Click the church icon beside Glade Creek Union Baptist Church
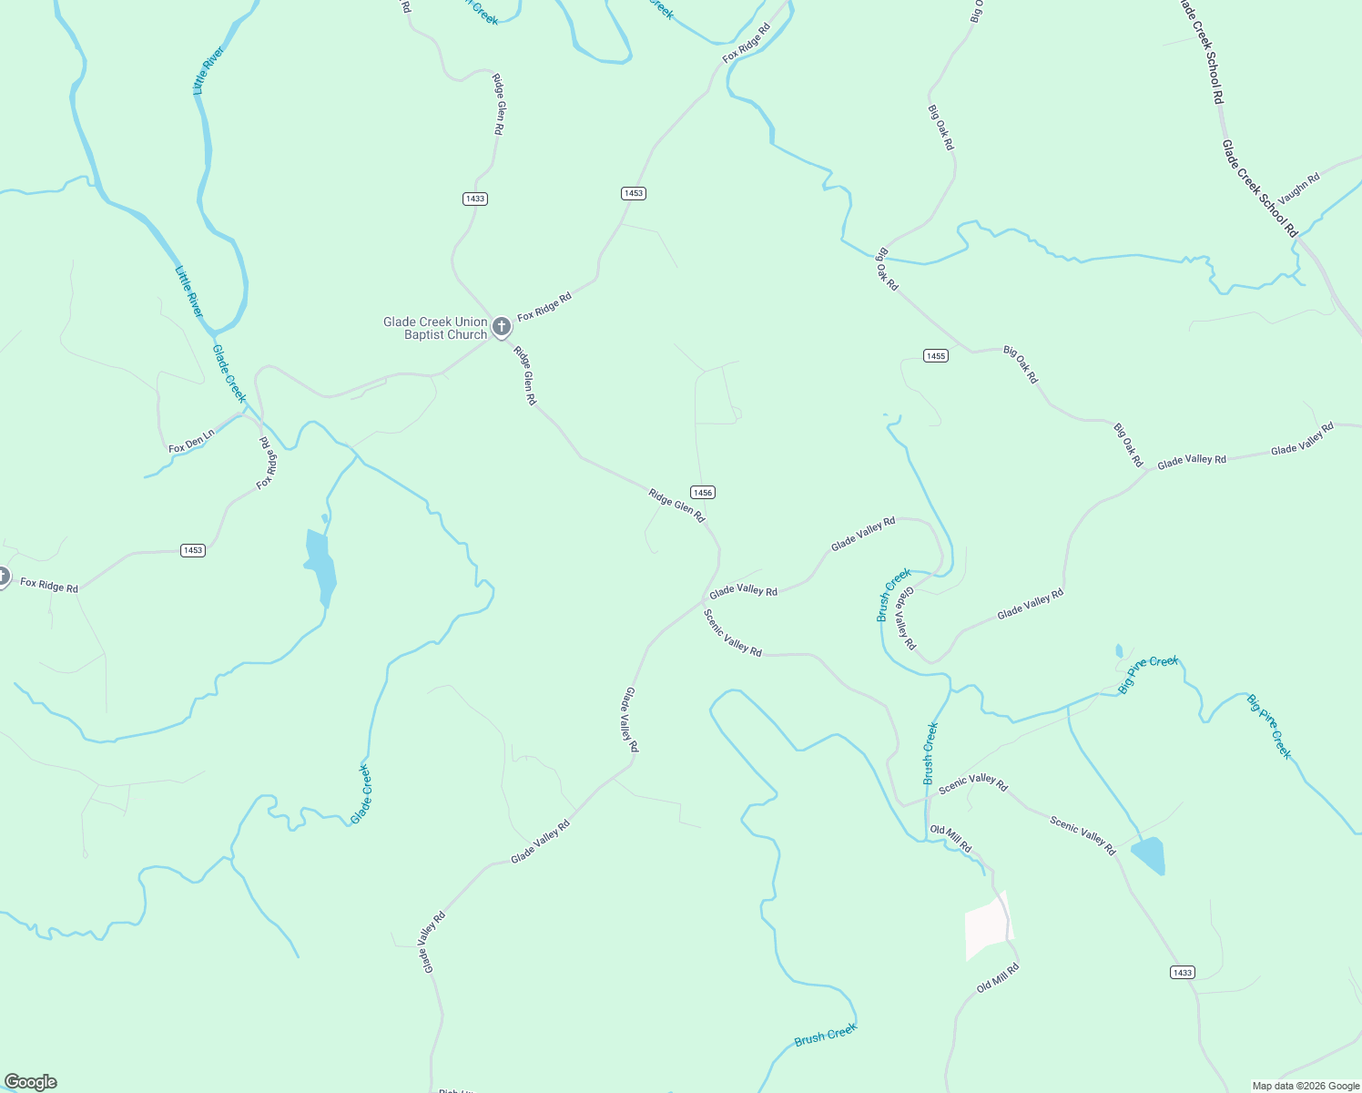pyautogui.click(x=501, y=327)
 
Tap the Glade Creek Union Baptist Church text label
pyautogui.click(x=436, y=328)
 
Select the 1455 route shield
pyautogui.click(x=936, y=355)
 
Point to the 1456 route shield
pyautogui.click(x=702, y=492)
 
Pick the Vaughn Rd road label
pyautogui.click(x=1298, y=189)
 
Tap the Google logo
pyautogui.click(x=31, y=1081)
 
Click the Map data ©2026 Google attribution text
pyautogui.click(x=1306, y=1086)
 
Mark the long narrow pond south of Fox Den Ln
pyautogui.click(x=320, y=567)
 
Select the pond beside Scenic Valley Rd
pyautogui.click(x=1148, y=854)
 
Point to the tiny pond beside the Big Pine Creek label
pyautogui.click(x=1119, y=650)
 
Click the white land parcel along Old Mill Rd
pyautogui.click(x=986, y=925)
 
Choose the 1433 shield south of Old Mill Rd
pyautogui.click(x=1182, y=972)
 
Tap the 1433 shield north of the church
pyautogui.click(x=474, y=199)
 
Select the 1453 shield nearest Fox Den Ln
pyautogui.click(x=193, y=550)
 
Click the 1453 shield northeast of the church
pyautogui.click(x=634, y=193)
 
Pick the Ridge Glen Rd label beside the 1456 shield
pyautogui.click(x=676, y=506)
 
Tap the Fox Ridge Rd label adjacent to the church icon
pyautogui.click(x=544, y=307)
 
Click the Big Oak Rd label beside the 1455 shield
pyautogui.click(x=1020, y=363)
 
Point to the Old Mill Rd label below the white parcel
pyautogui.click(x=997, y=979)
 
